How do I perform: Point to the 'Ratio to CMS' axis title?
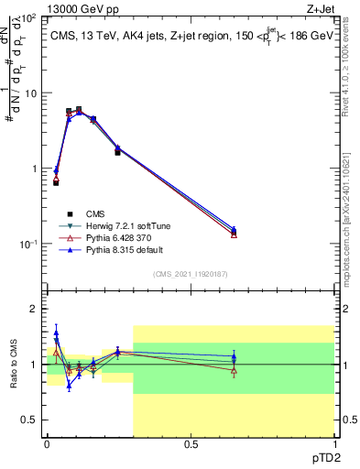13,365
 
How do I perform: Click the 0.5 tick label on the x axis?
191,444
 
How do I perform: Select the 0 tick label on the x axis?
47,444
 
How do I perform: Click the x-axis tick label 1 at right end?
333,444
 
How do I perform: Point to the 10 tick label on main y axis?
29,93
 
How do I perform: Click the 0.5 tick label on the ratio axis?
28,420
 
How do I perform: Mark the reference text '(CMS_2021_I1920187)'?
191,275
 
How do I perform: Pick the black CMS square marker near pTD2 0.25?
117,152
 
